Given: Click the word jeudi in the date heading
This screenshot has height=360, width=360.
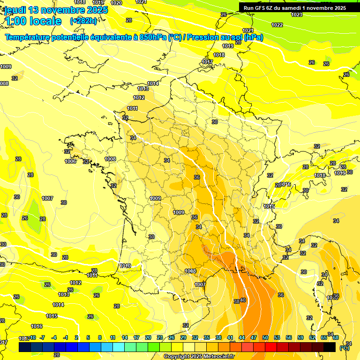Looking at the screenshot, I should [x=16, y=10].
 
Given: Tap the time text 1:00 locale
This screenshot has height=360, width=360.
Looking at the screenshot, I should [x=33, y=21].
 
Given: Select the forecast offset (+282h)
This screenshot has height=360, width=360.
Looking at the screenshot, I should [x=83, y=21].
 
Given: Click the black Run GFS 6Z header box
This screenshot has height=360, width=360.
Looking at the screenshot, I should [x=295, y=7].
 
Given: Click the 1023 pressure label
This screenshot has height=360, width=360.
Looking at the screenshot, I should [x=297, y=15].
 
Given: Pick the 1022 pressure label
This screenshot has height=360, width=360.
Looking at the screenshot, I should [x=277, y=25].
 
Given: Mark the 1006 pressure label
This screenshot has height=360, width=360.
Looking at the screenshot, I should [x=70, y=161].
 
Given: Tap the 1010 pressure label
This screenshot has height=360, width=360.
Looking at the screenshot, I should [x=125, y=266].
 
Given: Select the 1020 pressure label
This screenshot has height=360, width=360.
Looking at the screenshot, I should [x=116, y=3].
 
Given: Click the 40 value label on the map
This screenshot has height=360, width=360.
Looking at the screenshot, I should [x=243, y=300].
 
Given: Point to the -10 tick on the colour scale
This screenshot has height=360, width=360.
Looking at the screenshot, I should [x=32, y=337].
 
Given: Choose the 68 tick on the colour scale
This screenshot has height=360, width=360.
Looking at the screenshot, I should [x=336, y=337].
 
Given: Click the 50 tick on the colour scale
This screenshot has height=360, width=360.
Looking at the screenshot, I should [x=265, y=337].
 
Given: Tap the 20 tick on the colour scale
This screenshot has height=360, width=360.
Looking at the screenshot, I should [x=148, y=337].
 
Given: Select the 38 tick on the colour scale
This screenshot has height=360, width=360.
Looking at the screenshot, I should [x=218, y=337].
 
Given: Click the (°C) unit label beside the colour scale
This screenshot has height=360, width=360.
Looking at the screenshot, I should [x=345, y=347].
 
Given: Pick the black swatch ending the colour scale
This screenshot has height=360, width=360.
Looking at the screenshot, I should [x=330, y=347].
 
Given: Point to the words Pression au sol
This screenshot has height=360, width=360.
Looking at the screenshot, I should [x=213, y=37].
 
